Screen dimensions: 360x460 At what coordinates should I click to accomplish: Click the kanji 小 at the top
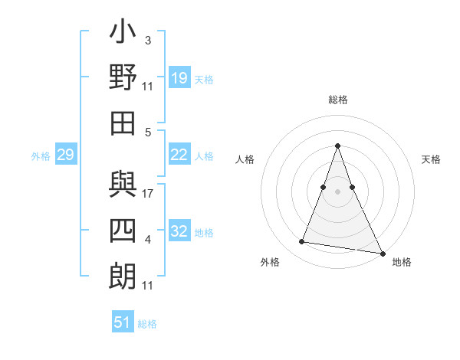click(123, 34)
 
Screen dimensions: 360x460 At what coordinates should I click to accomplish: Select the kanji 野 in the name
click(123, 78)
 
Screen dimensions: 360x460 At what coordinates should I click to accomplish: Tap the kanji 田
click(123, 123)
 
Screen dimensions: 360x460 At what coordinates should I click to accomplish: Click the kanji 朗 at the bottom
click(123, 277)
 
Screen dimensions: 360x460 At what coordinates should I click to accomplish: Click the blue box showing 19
click(179, 78)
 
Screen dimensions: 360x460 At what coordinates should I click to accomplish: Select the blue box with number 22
click(179, 155)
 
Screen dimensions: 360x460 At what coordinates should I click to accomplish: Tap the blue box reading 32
click(179, 232)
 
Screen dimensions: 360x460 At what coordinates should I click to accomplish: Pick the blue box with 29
click(65, 155)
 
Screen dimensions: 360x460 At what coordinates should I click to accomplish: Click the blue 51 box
click(123, 322)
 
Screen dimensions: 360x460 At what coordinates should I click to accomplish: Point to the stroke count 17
click(148, 194)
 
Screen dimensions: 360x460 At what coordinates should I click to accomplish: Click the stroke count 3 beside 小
click(148, 40)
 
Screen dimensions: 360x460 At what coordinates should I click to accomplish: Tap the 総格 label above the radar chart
click(337, 100)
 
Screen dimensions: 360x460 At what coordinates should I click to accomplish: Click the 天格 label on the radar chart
click(432, 159)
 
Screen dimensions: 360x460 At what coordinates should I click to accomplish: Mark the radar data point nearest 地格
click(381, 253)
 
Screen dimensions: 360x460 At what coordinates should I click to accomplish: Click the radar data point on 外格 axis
click(301, 242)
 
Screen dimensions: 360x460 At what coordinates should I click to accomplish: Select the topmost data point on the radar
click(337, 146)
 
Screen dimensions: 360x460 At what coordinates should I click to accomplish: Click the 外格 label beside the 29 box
click(41, 156)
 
